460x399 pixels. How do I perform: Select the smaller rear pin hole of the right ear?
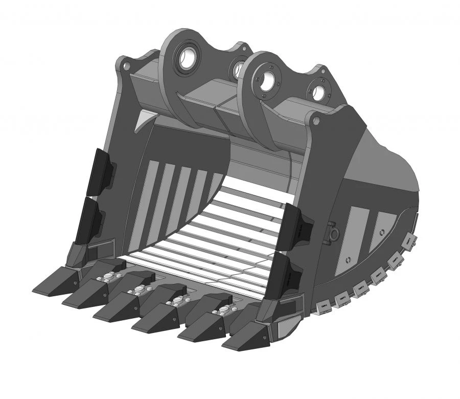pos(318,93)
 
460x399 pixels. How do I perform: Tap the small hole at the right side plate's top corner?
pos(316,121)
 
